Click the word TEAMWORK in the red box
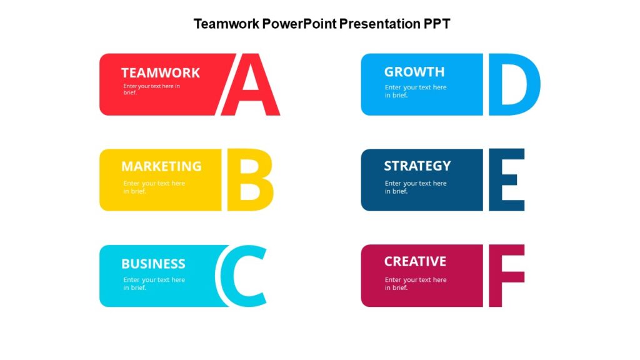click(161, 72)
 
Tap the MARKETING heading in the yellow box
click(161, 166)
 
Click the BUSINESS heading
click(153, 263)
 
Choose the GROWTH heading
click(414, 72)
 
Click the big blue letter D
click(514, 84)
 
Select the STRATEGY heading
click(417, 166)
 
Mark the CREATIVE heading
click(415, 261)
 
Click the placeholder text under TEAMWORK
click(151, 89)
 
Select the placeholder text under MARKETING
click(154, 187)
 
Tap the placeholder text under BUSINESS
click(154, 283)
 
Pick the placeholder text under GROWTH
click(416, 91)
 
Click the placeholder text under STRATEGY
click(416, 187)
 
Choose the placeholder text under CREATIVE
click(416, 283)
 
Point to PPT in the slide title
click(437, 24)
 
